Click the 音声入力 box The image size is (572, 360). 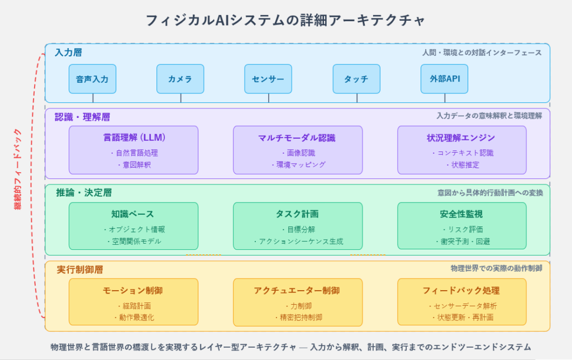92,79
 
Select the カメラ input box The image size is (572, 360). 180,79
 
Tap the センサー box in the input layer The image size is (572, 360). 268,79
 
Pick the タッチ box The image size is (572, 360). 356,79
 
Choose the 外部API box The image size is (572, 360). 444,79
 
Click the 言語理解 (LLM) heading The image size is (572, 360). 134,138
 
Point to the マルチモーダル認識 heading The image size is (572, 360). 297,138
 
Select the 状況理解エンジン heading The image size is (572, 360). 461,138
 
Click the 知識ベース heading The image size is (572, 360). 133,214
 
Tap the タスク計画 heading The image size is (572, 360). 297,214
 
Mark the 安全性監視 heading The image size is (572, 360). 461,214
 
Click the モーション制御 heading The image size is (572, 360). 133,291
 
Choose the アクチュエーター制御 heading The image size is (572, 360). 297,291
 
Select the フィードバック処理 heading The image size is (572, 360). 461,291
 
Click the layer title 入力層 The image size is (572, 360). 69,53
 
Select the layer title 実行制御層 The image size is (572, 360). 80,269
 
